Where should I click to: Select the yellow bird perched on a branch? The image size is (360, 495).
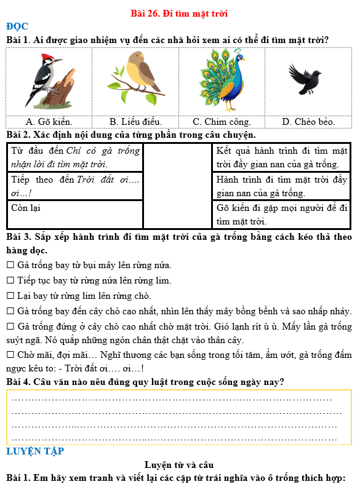pos(135,77)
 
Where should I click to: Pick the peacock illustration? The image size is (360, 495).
pos(222,80)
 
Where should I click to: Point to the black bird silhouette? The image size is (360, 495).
pos(305,77)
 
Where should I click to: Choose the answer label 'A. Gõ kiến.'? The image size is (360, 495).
pos(49,122)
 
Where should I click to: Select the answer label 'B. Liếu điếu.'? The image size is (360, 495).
pos(135,122)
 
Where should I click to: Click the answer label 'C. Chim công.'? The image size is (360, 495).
pos(222,122)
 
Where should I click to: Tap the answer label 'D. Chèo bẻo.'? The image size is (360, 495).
pos(308,122)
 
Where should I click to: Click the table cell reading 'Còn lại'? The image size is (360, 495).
pos(25,208)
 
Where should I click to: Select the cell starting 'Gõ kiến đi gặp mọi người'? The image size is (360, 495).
pos(282,214)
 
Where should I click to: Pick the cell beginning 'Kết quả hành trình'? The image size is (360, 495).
pos(282,157)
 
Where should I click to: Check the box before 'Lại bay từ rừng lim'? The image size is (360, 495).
pos(10,296)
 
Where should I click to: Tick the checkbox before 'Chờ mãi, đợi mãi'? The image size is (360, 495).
pos(10,355)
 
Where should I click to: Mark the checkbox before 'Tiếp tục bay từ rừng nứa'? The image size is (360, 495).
pos(10,281)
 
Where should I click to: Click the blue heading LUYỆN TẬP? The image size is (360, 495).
pos(35,451)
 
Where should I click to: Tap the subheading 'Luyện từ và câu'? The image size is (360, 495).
pos(179,465)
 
